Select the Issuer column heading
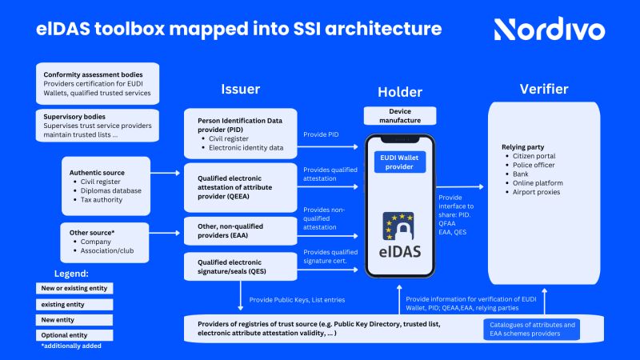[x=240, y=89]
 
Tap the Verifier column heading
[x=544, y=89]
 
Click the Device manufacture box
[x=404, y=115]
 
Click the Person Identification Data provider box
[x=240, y=134]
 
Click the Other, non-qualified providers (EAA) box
[x=240, y=230]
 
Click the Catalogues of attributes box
[x=531, y=328]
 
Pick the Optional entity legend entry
[x=76, y=335]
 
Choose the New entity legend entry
[x=76, y=319]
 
